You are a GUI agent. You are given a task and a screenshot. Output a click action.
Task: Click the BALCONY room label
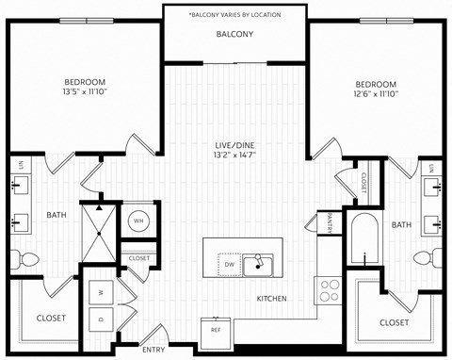click(x=235, y=35)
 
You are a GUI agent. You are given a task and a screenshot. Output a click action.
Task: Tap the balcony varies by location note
click(x=235, y=15)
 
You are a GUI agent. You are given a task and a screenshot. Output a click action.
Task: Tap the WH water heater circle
click(x=138, y=221)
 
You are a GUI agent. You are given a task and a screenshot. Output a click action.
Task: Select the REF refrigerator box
click(x=216, y=330)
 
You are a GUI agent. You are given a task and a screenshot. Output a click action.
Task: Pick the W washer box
click(x=101, y=292)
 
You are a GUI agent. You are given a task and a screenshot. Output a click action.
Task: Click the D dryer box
click(x=101, y=319)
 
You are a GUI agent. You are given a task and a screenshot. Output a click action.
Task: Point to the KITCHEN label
click(x=272, y=300)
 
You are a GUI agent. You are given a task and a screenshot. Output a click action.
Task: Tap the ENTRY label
click(x=153, y=350)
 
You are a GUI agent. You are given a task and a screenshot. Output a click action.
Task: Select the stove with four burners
click(x=331, y=288)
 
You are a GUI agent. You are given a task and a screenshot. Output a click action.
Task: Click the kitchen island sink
click(x=256, y=265)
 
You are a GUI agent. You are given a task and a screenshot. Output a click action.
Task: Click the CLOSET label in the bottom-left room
click(x=51, y=319)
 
